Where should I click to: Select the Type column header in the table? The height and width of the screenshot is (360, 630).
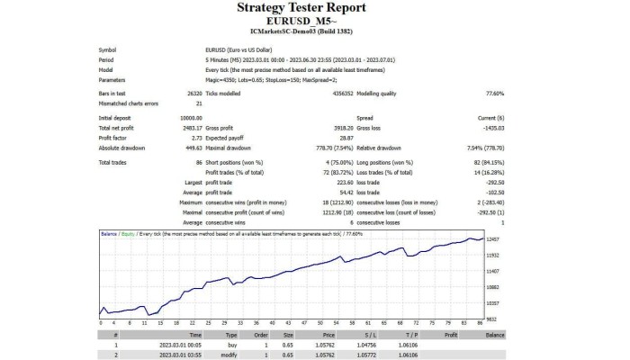[x=230, y=334]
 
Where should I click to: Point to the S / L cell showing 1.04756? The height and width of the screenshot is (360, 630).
[x=364, y=344]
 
